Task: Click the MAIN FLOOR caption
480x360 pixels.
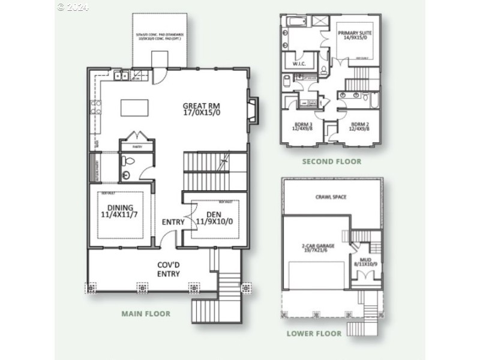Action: (x=146, y=313)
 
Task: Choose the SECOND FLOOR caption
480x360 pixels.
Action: (x=331, y=161)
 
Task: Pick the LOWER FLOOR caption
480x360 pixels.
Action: (x=314, y=334)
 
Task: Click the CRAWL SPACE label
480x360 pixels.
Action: (x=331, y=197)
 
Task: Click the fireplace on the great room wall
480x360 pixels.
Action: (x=253, y=111)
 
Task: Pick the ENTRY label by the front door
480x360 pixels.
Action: (x=173, y=222)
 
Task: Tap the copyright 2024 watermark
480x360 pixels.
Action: (x=73, y=7)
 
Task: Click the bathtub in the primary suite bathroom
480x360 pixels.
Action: (x=298, y=22)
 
